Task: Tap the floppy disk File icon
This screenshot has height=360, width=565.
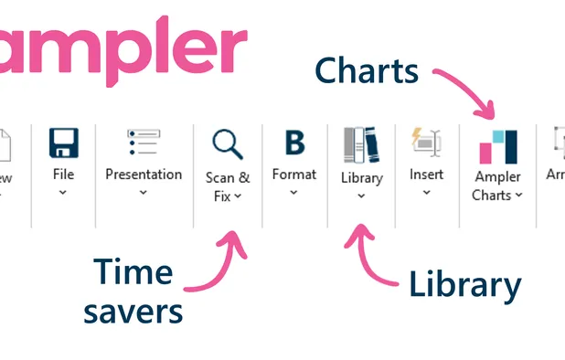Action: (63, 143)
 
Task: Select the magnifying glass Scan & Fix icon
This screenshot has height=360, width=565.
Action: (228, 144)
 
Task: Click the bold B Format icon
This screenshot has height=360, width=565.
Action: (294, 143)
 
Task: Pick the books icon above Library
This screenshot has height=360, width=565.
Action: (361, 145)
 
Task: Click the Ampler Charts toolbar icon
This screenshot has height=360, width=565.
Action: (497, 147)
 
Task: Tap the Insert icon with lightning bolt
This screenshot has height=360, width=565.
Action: (427, 143)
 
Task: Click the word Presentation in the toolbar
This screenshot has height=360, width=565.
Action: (144, 174)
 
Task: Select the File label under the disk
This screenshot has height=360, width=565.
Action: (63, 174)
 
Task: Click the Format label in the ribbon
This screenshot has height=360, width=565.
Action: (294, 174)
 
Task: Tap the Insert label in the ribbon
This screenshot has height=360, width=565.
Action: (427, 174)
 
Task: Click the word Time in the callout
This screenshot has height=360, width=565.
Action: (133, 272)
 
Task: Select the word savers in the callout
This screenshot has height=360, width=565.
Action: (133, 311)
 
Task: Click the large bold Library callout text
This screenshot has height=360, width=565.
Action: (464, 285)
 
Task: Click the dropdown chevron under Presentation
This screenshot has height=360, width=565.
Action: (144, 193)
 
